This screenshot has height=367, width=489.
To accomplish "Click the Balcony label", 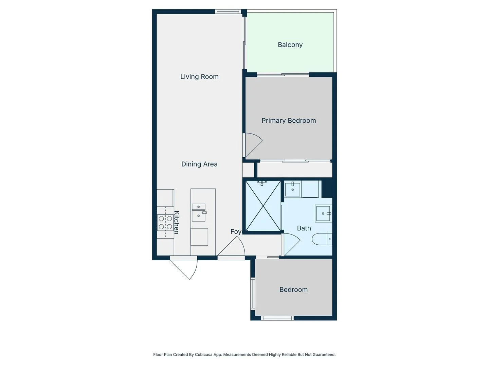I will tap(290, 45).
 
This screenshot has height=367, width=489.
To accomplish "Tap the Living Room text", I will tap(199, 77).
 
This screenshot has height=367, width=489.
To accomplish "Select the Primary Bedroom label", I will tap(289, 121).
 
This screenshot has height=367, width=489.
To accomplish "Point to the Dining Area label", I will tap(199, 164).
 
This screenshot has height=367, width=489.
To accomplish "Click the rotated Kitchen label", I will tap(177, 222).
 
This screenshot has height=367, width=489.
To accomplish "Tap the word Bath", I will tap(304, 228).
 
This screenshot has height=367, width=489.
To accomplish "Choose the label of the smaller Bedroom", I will tap(293, 290).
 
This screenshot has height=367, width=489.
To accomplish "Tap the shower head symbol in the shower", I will tap(261, 183).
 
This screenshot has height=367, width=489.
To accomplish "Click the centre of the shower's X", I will tap(263, 206).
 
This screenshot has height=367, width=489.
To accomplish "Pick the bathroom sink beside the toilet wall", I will tap(323, 213).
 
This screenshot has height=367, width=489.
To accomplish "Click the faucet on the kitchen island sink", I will tap(204, 213).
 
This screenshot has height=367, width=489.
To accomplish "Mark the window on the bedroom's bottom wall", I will tap(277, 318).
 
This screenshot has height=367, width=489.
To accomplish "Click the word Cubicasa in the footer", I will tap(203, 354).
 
